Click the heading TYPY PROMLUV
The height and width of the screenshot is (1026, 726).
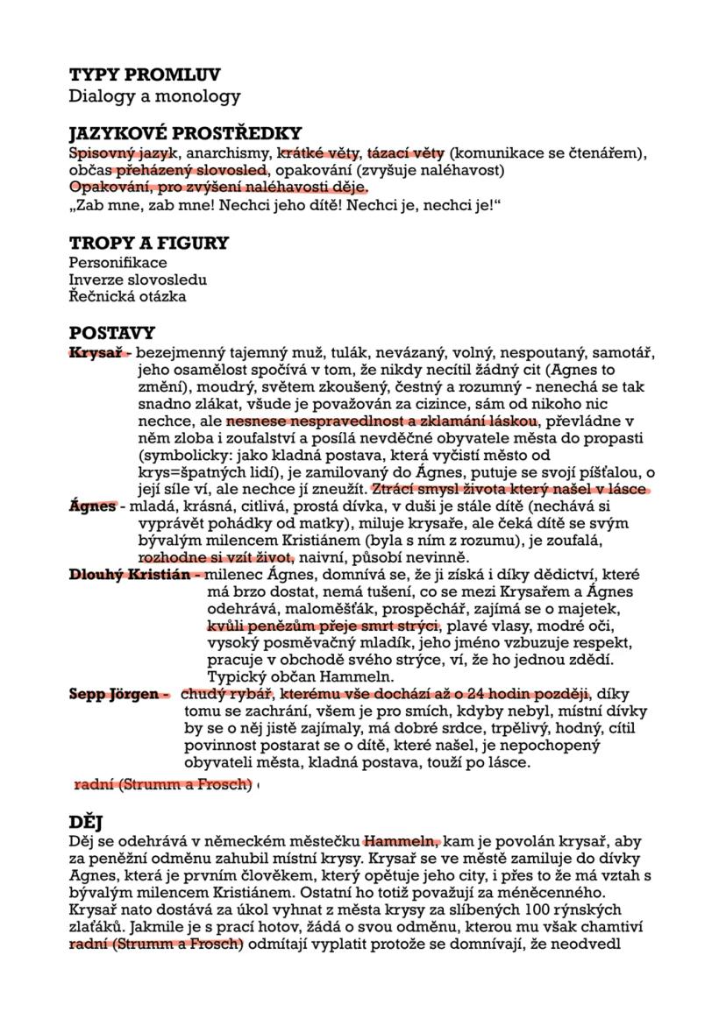tap(145, 75)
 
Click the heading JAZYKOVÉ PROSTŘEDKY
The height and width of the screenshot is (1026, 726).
tap(185, 134)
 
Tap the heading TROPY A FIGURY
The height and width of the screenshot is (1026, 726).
tap(149, 243)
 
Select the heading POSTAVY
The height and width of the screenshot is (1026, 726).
tap(112, 333)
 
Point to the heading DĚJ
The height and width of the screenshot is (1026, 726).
tap(87, 822)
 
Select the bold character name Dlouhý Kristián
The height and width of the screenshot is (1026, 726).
tap(132, 575)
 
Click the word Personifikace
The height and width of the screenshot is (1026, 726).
tap(117, 263)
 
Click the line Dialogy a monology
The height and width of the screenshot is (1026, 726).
tap(154, 96)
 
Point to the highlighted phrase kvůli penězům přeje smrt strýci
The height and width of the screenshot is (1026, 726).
tap(322, 626)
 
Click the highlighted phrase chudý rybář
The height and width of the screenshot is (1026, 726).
tap(223, 695)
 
